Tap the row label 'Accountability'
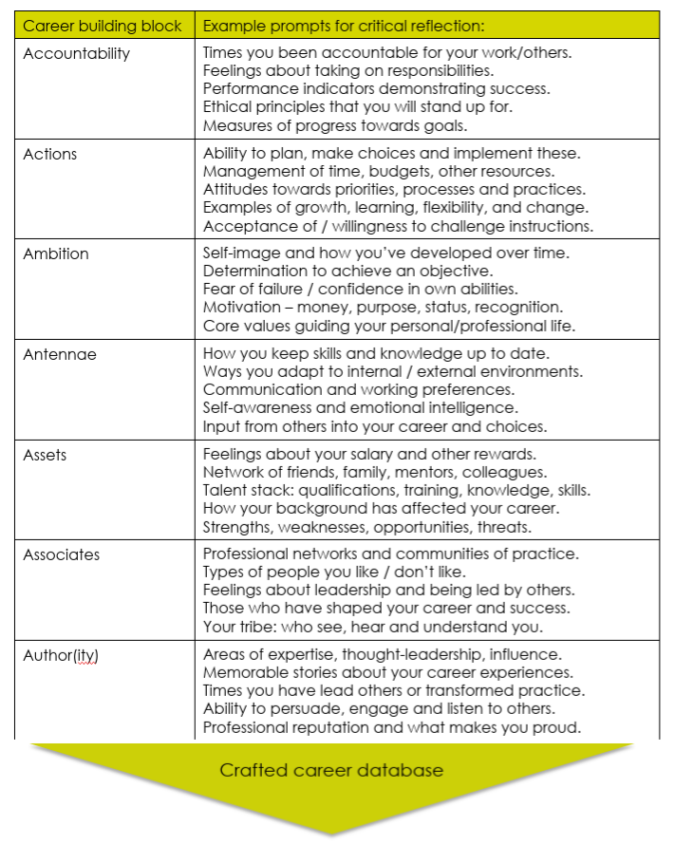[x=76, y=54]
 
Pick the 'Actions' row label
[x=50, y=154]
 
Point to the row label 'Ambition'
[x=56, y=253]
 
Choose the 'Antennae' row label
[x=60, y=355]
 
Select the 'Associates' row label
[x=62, y=554]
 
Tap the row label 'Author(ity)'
[x=62, y=655]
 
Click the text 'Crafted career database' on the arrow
[x=331, y=769]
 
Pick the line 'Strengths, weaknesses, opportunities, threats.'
[x=367, y=527]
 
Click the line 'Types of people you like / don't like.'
[x=332, y=573]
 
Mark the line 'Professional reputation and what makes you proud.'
[x=391, y=727]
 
